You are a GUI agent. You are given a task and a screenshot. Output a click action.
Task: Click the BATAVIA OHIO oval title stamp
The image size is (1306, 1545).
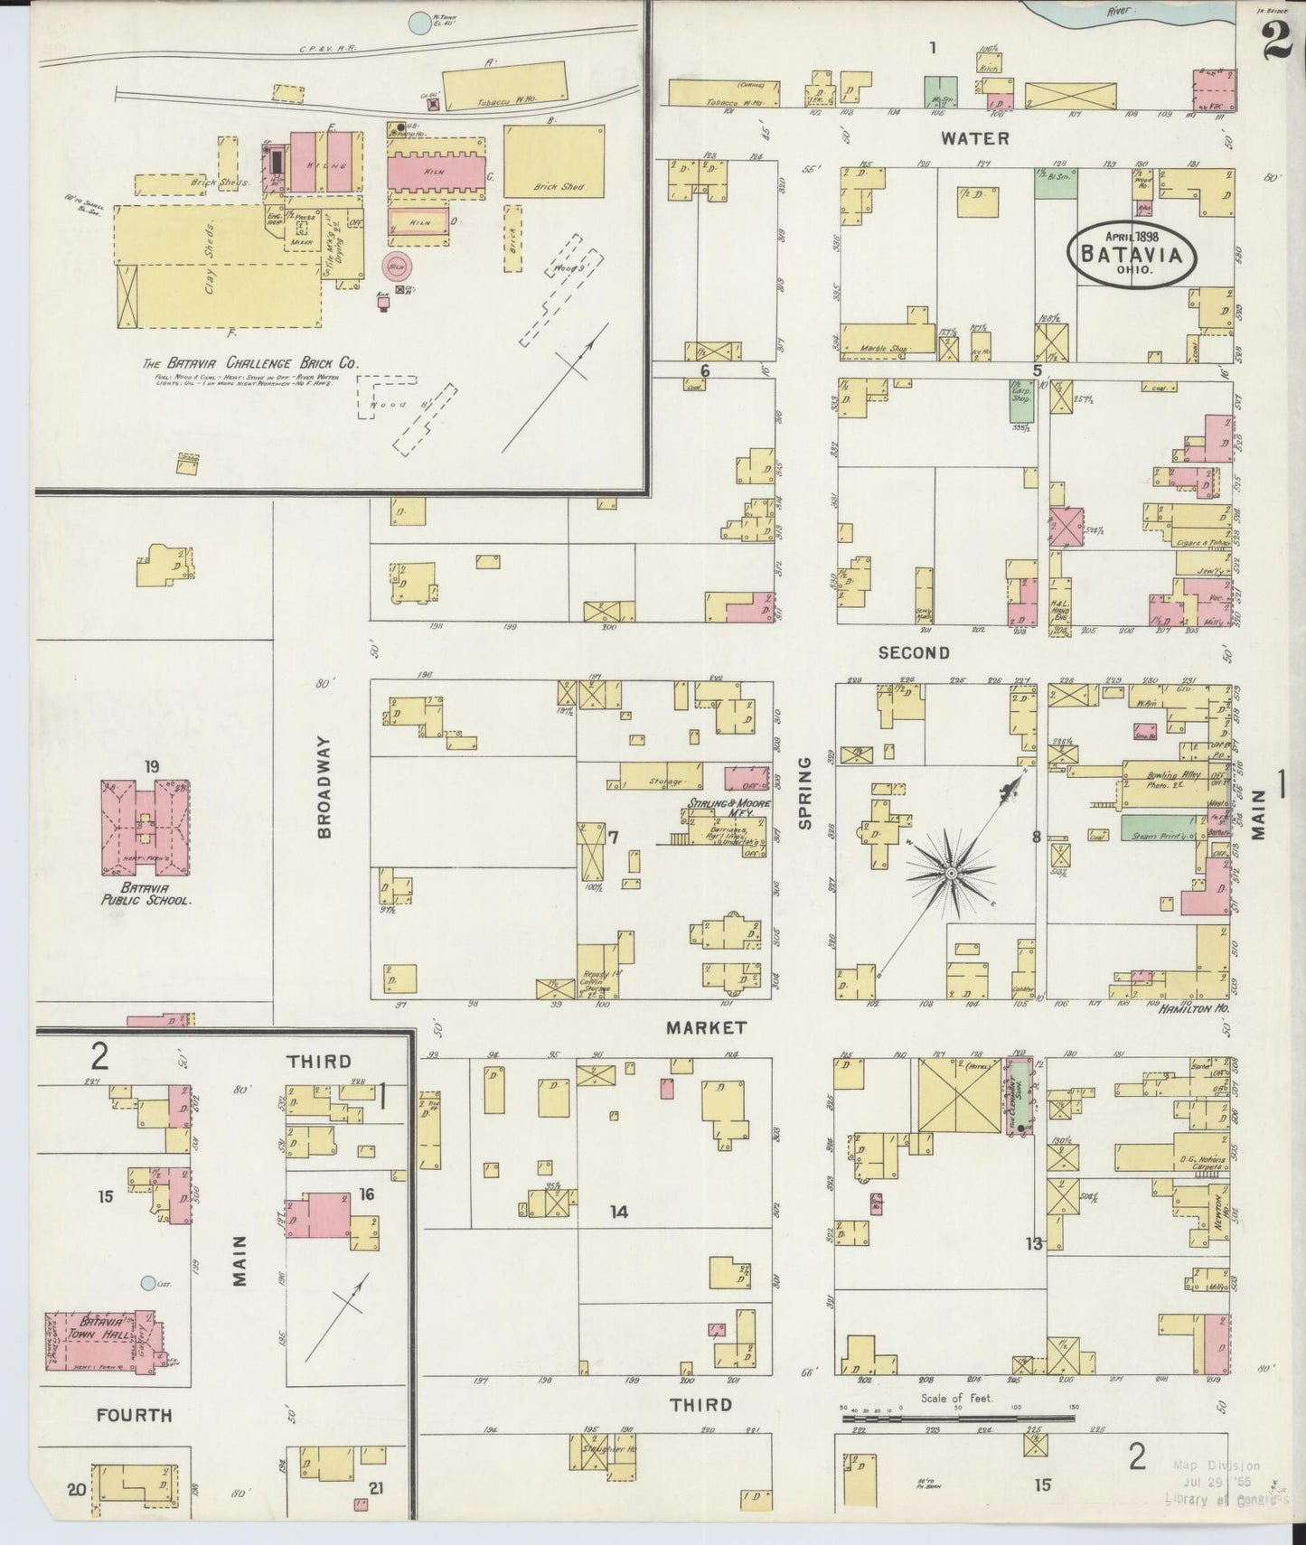1132,254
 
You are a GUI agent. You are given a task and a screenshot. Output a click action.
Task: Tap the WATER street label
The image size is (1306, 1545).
974,138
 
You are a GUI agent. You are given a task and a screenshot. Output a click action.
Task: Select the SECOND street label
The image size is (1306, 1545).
914,652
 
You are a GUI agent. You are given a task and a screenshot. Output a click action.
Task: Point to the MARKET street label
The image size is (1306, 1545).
707,1027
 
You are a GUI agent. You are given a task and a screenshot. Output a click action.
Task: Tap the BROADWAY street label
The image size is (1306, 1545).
324,786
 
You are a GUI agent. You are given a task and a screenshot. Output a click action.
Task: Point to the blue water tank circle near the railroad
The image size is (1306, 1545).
418,23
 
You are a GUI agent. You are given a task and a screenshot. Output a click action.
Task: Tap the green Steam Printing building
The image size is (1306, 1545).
1161,828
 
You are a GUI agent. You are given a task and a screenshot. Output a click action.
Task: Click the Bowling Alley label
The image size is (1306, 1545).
1166,775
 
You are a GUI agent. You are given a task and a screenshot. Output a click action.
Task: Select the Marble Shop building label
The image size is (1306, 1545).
887,348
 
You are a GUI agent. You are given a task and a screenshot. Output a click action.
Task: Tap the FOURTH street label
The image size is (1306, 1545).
134,1414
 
